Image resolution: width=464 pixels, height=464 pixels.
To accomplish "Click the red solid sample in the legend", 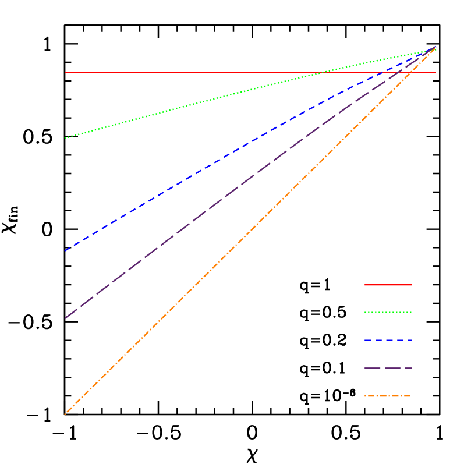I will tap(388, 285).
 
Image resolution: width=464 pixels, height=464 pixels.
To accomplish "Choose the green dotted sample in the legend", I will tap(388, 313).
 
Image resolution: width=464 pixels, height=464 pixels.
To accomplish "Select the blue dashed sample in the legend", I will tap(388, 340).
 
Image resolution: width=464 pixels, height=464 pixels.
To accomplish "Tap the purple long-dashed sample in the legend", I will tap(388, 368).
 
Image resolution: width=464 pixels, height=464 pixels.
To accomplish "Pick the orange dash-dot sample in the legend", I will tap(388, 396).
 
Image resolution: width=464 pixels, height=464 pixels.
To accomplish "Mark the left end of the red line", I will tap(65, 72).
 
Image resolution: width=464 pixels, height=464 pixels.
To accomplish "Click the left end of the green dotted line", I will tap(65, 138).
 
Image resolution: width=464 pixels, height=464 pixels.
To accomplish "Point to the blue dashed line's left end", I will tap(65, 251).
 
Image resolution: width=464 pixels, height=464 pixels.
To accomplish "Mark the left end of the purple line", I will tap(65, 318).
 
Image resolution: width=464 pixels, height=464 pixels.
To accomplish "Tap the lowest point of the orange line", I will tap(65, 414).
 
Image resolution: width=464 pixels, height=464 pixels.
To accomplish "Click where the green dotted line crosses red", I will tap(321, 72).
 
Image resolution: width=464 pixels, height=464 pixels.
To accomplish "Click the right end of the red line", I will tap(436, 72).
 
